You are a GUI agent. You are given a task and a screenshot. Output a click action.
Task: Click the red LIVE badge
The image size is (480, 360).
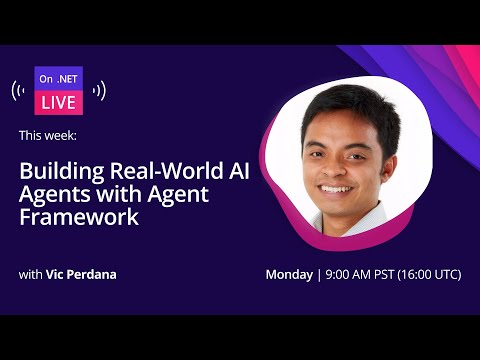(59, 101)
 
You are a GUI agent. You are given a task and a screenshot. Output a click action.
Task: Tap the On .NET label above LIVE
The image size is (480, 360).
(59, 78)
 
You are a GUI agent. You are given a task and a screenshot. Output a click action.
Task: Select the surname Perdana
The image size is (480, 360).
(94, 274)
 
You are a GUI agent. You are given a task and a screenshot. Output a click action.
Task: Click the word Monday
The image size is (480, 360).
(289, 274)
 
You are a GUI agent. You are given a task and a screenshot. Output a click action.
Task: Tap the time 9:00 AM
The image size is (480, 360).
(348, 274)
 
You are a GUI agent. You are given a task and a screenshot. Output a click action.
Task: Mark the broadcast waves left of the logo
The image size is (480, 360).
(17, 90)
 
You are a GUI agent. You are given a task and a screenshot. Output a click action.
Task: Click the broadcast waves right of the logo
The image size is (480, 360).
(101, 90)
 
